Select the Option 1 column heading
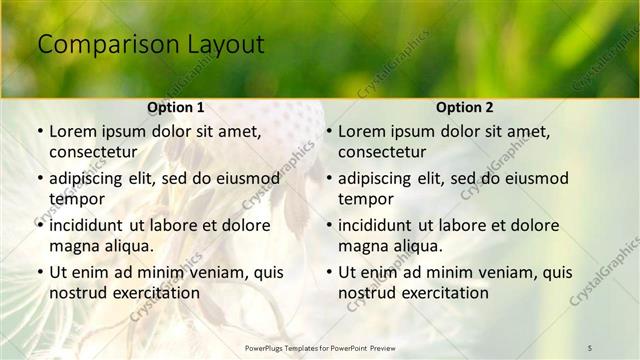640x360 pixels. click(175, 107)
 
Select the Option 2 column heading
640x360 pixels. click(464, 107)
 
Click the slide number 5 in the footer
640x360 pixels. click(590, 347)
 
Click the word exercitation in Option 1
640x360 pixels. click(154, 293)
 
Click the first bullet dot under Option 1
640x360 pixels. click(39, 132)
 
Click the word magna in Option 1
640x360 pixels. click(75, 246)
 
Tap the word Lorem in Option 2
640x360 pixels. click(360, 131)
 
